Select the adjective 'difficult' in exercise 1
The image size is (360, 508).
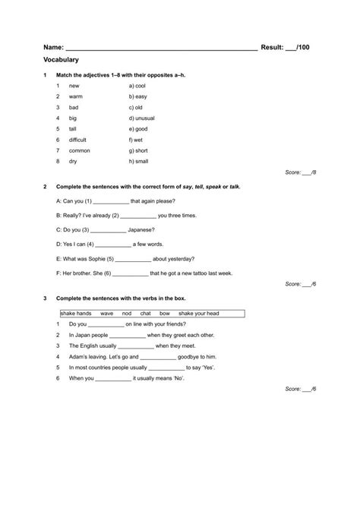coord(77,140)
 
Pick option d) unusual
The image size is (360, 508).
coord(142,118)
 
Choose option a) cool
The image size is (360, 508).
coord(139,87)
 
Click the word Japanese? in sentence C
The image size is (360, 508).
coord(144,229)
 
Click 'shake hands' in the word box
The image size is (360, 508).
coord(76,313)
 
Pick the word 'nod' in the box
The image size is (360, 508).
coord(127,313)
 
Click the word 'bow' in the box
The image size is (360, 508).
coord(165,313)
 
